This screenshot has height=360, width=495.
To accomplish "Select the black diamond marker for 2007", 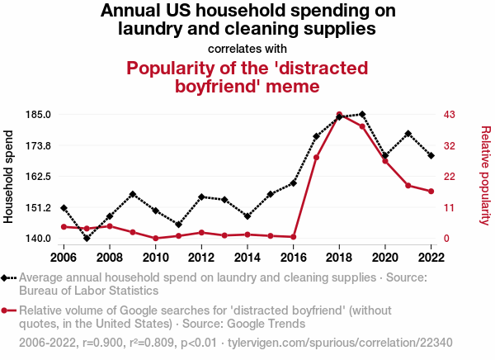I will coord(87,239).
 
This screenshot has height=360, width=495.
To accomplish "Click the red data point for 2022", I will coord(431,192).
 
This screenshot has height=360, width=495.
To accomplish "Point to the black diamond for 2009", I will coord(133,194).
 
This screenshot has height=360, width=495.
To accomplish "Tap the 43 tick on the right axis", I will coord(450,114).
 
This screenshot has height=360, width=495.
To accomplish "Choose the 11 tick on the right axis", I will coord(450,208).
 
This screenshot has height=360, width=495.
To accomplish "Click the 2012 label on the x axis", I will coord(201,258).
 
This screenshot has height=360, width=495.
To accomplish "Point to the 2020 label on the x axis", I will coord(385,258).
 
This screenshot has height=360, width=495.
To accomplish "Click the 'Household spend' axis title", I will coord(10,176).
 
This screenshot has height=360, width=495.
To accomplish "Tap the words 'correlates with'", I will coord(247,48).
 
